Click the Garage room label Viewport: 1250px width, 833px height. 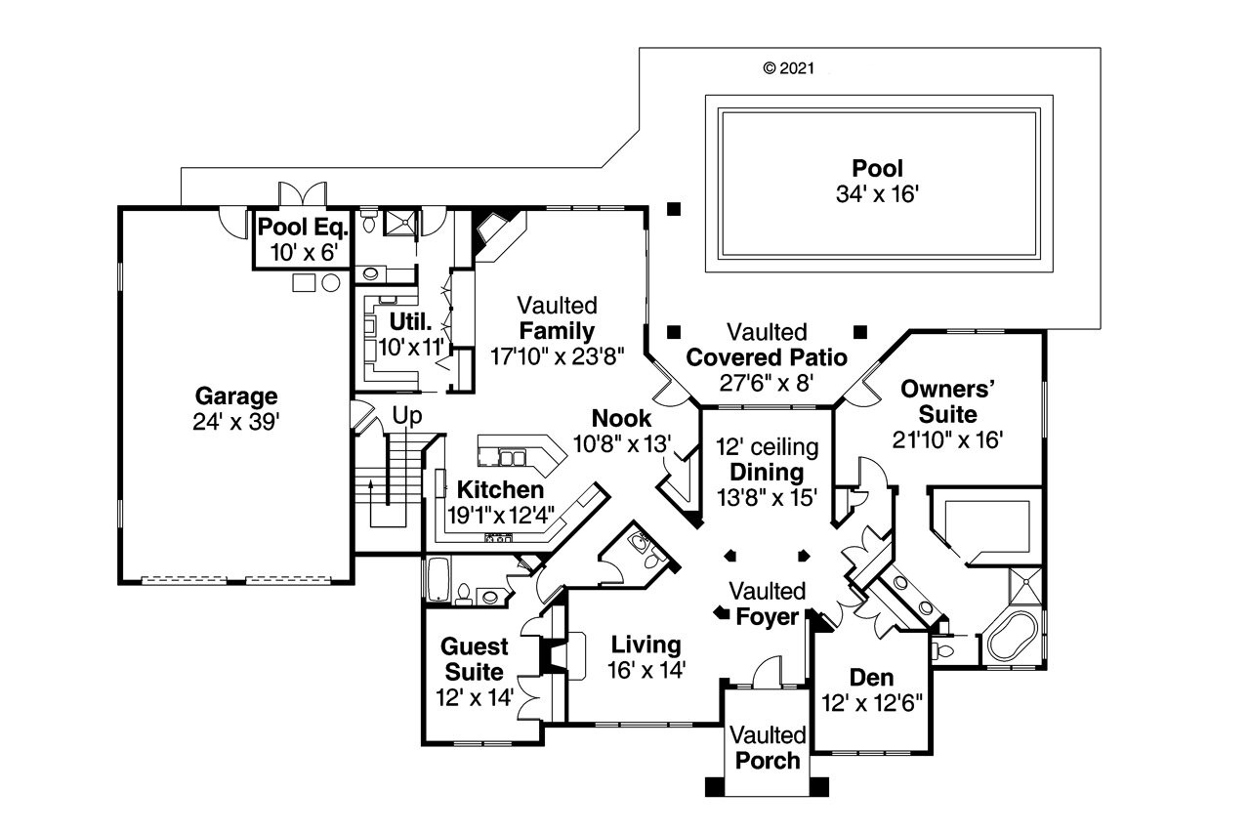pyautogui.click(x=236, y=396)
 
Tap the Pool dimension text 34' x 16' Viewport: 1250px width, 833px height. pyautogui.click(x=877, y=194)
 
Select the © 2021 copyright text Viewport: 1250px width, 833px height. pyautogui.click(x=787, y=68)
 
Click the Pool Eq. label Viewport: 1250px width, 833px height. pyautogui.click(x=302, y=229)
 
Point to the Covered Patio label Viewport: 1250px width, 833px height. pyautogui.click(x=767, y=356)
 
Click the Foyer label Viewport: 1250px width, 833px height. pyautogui.click(x=768, y=617)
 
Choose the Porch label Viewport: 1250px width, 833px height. pyautogui.click(x=768, y=760)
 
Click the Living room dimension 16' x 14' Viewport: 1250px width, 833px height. pyautogui.click(x=646, y=670)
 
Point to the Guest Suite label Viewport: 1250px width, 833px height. pyautogui.click(x=475, y=659)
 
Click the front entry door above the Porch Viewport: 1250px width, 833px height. pyautogui.click(x=767, y=674)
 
